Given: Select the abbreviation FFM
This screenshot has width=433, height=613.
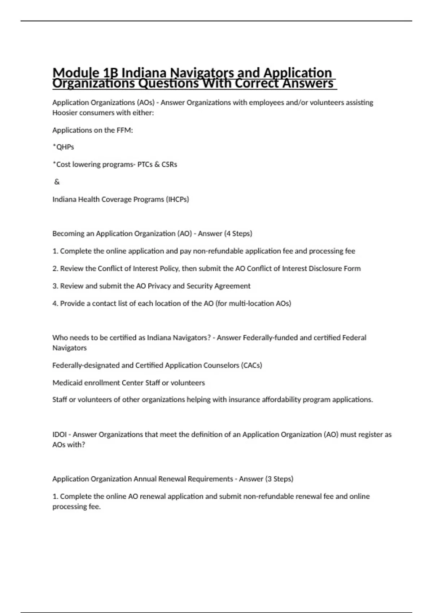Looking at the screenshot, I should pos(124,130).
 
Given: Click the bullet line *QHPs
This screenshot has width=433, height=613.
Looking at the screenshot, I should pos(63,147).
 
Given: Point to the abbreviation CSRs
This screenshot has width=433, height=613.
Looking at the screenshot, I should pos(169,164).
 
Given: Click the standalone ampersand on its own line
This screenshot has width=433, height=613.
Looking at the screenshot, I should pos(57,182).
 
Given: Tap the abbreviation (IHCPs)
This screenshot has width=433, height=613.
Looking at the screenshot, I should pos(177,199).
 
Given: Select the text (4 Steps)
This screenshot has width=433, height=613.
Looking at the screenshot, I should pos(238,234).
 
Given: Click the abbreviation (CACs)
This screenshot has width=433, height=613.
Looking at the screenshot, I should pos(251,365).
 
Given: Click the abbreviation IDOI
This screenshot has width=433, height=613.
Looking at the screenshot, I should pos(60,435).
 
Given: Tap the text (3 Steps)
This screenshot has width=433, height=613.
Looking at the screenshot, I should pos(279,479).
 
